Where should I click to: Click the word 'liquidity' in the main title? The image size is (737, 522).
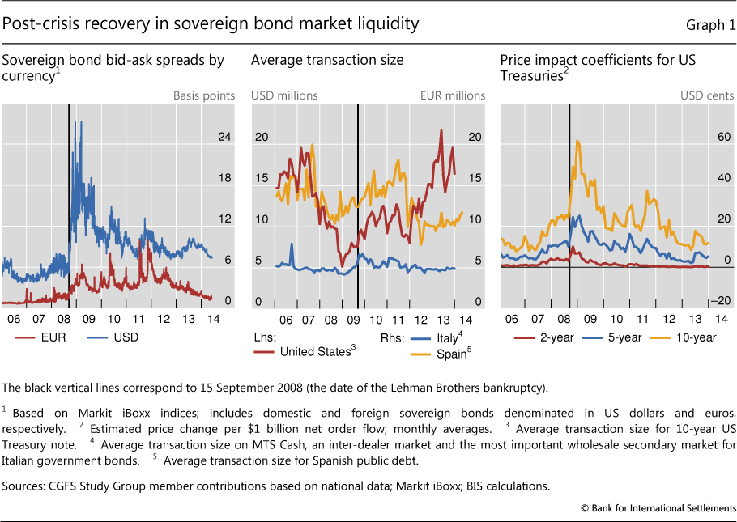pyautogui.click(x=387, y=23)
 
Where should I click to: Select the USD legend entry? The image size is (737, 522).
pyautogui.click(x=123, y=337)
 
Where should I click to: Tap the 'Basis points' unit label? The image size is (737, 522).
pyautogui.click(x=203, y=95)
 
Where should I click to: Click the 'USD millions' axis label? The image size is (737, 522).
pyautogui.click(x=284, y=95)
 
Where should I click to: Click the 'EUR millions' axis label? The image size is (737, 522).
pyautogui.click(x=452, y=95)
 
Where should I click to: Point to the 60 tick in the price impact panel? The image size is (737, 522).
pyautogui.click(x=702, y=137)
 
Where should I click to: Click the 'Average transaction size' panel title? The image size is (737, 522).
pyautogui.click(x=327, y=60)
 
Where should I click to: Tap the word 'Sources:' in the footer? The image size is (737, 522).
pyautogui.click(x=25, y=486)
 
